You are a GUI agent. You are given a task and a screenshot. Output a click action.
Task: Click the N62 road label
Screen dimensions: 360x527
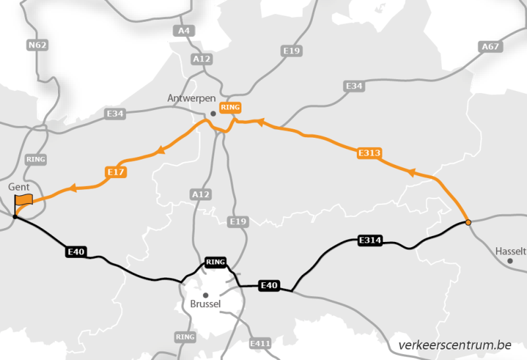[36, 45]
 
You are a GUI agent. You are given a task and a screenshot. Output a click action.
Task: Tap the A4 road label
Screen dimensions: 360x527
[183, 30]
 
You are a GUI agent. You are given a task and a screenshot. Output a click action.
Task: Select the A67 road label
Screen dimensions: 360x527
[490, 47]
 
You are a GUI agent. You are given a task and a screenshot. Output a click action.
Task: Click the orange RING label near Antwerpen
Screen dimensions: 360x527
[231, 107]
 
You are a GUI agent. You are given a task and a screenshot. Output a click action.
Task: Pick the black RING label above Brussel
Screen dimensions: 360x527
[215, 262]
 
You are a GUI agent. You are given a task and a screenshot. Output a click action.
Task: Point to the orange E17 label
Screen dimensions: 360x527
[116, 173]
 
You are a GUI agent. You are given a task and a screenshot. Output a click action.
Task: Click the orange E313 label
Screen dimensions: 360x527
[369, 154]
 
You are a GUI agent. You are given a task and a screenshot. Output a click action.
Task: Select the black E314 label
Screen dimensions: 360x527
[370, 240]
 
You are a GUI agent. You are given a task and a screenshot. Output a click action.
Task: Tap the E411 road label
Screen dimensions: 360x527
[261, 344]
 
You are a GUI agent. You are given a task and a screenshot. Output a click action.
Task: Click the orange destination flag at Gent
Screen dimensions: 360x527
[24, 200]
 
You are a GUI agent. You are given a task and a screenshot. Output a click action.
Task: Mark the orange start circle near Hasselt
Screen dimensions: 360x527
[468, 223]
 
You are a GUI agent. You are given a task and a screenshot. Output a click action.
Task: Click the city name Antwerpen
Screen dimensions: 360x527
[191, 98]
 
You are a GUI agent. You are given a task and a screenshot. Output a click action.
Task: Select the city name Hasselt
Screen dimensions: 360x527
[511, 251]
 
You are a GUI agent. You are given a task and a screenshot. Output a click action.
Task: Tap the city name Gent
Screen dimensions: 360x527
[20, 187]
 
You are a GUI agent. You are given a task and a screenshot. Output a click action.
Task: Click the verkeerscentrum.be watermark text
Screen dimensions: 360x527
[455, 345]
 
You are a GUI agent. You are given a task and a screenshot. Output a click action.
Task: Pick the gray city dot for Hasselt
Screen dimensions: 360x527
[510, 261]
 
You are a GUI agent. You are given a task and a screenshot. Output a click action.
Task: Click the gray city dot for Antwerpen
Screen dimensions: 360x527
[213, 113]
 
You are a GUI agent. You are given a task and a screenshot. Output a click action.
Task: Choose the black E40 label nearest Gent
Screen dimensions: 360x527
[75, 251]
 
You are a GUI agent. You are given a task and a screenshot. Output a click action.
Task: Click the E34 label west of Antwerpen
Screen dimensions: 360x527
[115, 114]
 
